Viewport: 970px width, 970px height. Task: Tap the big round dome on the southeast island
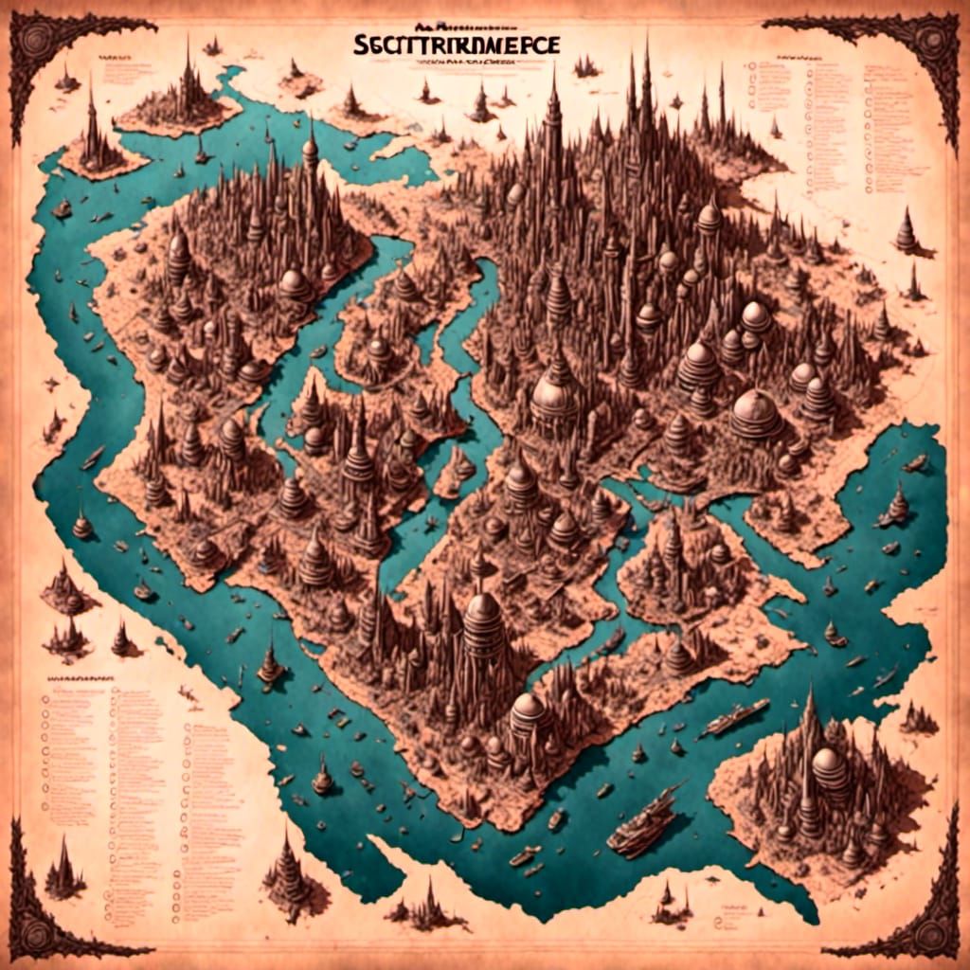point(831,767)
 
